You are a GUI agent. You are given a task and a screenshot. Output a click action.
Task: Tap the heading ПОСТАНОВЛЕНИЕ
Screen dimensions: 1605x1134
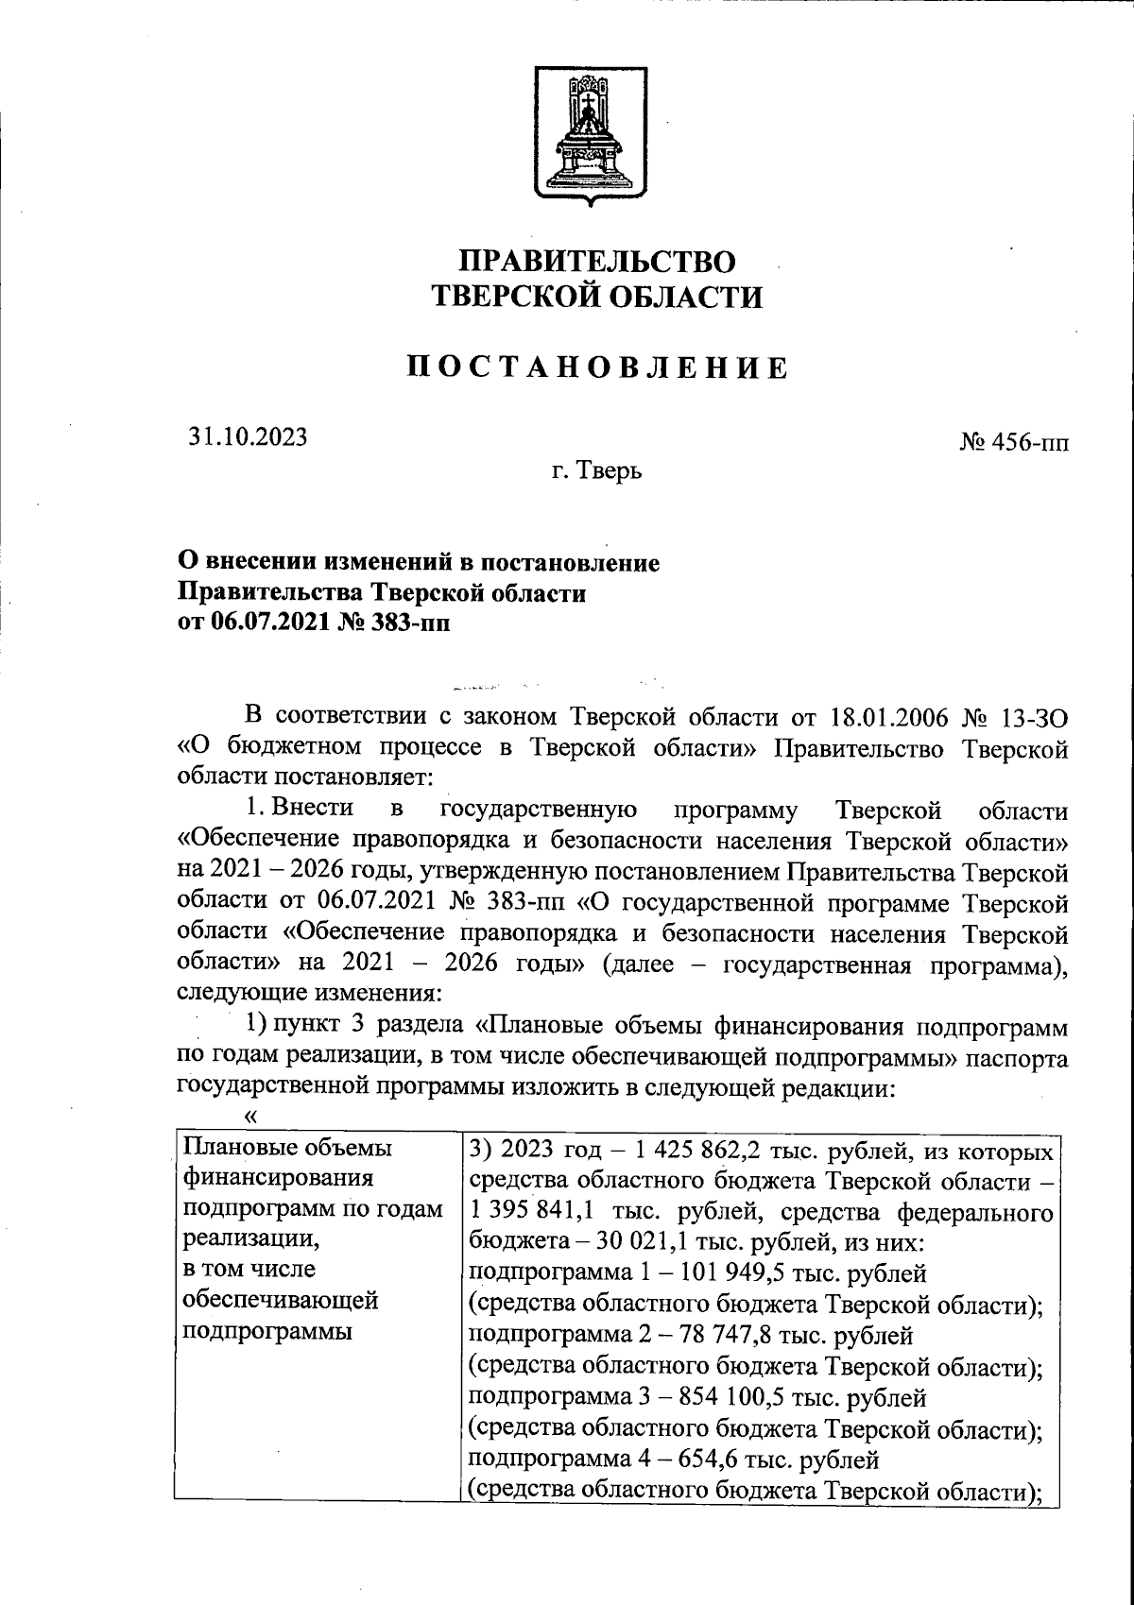click(597, 367)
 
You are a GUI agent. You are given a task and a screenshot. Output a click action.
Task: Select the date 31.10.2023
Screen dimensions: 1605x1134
click(248, 436)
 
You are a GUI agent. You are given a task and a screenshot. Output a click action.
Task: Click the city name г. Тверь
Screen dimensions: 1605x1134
click(597, 470)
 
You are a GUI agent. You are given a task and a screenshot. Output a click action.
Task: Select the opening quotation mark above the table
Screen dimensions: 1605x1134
click(250, 1117)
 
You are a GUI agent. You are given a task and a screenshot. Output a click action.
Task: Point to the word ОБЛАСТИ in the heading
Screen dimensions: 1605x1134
click(682, 298)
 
